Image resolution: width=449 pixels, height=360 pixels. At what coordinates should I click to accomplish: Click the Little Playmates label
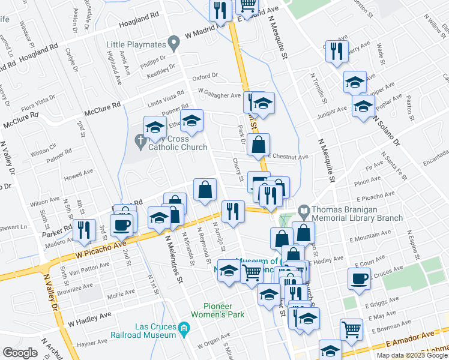tap(137, 44)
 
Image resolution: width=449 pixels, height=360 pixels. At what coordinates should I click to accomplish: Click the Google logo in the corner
tap(20, 353)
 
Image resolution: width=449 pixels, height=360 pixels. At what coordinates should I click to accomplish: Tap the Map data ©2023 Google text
tap(411, 355)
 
